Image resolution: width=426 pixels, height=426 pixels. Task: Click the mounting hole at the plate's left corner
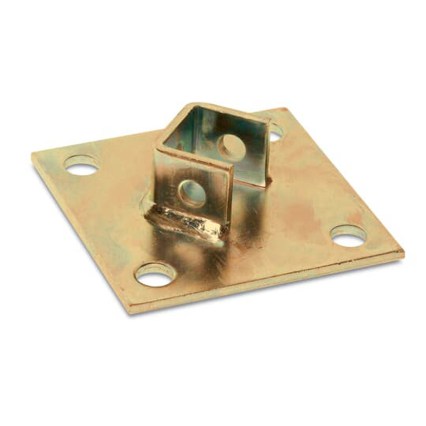click(81, 165)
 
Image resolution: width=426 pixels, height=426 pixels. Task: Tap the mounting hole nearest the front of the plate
click(155, 275)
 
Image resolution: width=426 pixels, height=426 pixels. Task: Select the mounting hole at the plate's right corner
click(348, 235)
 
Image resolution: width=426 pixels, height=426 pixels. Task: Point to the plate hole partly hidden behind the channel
click(275, 135)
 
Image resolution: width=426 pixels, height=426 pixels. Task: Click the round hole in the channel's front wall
click(191, 193)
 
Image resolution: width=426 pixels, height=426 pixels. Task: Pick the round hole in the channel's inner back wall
click(231, 148)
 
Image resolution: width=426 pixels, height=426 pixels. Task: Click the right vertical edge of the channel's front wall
click(230, 197)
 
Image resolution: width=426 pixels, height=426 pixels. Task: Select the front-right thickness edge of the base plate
click(268, 283)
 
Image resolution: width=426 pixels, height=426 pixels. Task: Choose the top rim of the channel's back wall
click(229, 113)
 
